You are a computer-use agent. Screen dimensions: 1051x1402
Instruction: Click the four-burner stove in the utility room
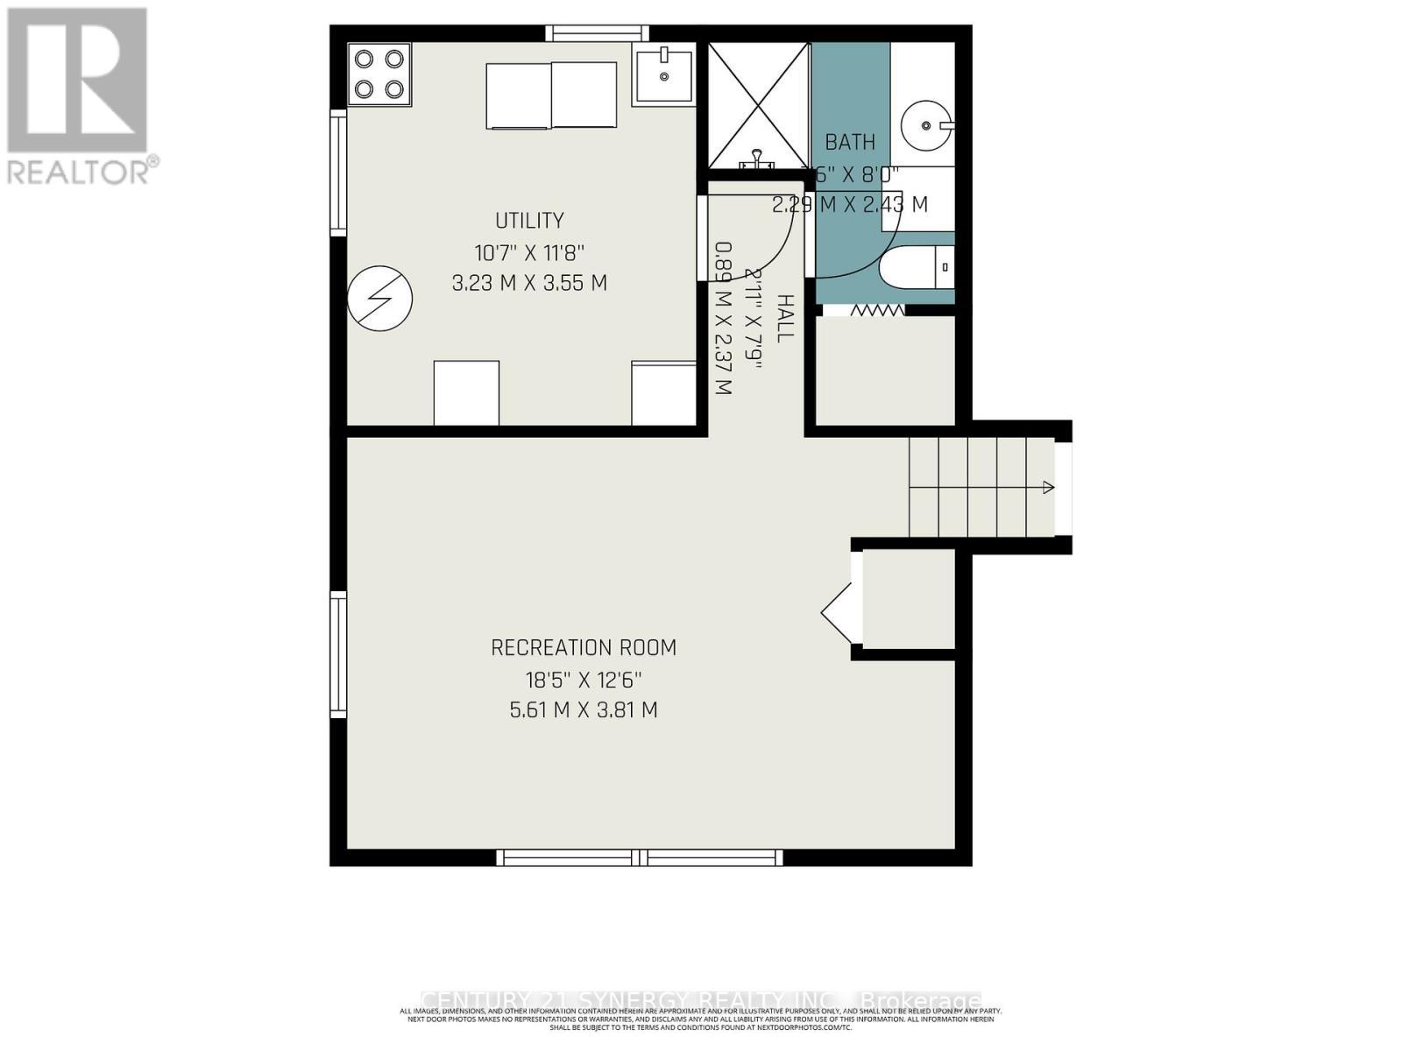379,74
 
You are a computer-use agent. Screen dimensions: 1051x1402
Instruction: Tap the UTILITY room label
529,221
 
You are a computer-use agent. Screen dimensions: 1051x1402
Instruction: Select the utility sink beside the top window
663,74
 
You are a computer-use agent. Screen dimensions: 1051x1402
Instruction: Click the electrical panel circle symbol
379,299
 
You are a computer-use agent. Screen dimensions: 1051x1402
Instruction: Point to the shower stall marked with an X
758,105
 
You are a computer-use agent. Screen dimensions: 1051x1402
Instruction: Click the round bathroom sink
926,125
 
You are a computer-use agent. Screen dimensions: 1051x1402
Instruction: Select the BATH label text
849,142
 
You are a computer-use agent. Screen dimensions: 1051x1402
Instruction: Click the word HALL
785,318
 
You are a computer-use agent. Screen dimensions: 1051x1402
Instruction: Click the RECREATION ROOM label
584,648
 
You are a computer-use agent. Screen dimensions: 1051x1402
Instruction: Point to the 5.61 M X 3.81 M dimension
584,709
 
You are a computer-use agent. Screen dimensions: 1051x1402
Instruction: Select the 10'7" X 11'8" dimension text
529,253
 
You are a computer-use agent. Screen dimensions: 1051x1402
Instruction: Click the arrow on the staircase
1048,487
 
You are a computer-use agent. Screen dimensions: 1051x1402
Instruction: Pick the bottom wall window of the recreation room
639,857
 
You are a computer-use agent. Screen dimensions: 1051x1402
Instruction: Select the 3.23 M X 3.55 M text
529,284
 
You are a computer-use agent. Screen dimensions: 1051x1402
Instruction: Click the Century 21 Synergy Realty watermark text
701,1000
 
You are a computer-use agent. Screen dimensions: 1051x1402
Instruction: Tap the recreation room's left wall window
338,654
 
